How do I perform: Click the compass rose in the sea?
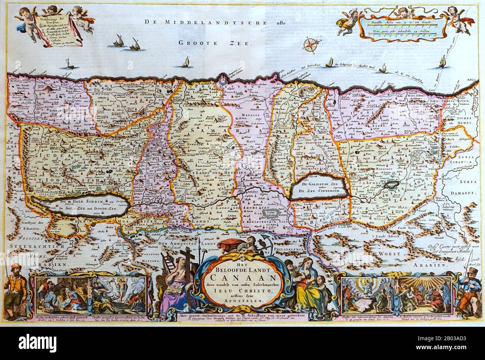tap(309, 44)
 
